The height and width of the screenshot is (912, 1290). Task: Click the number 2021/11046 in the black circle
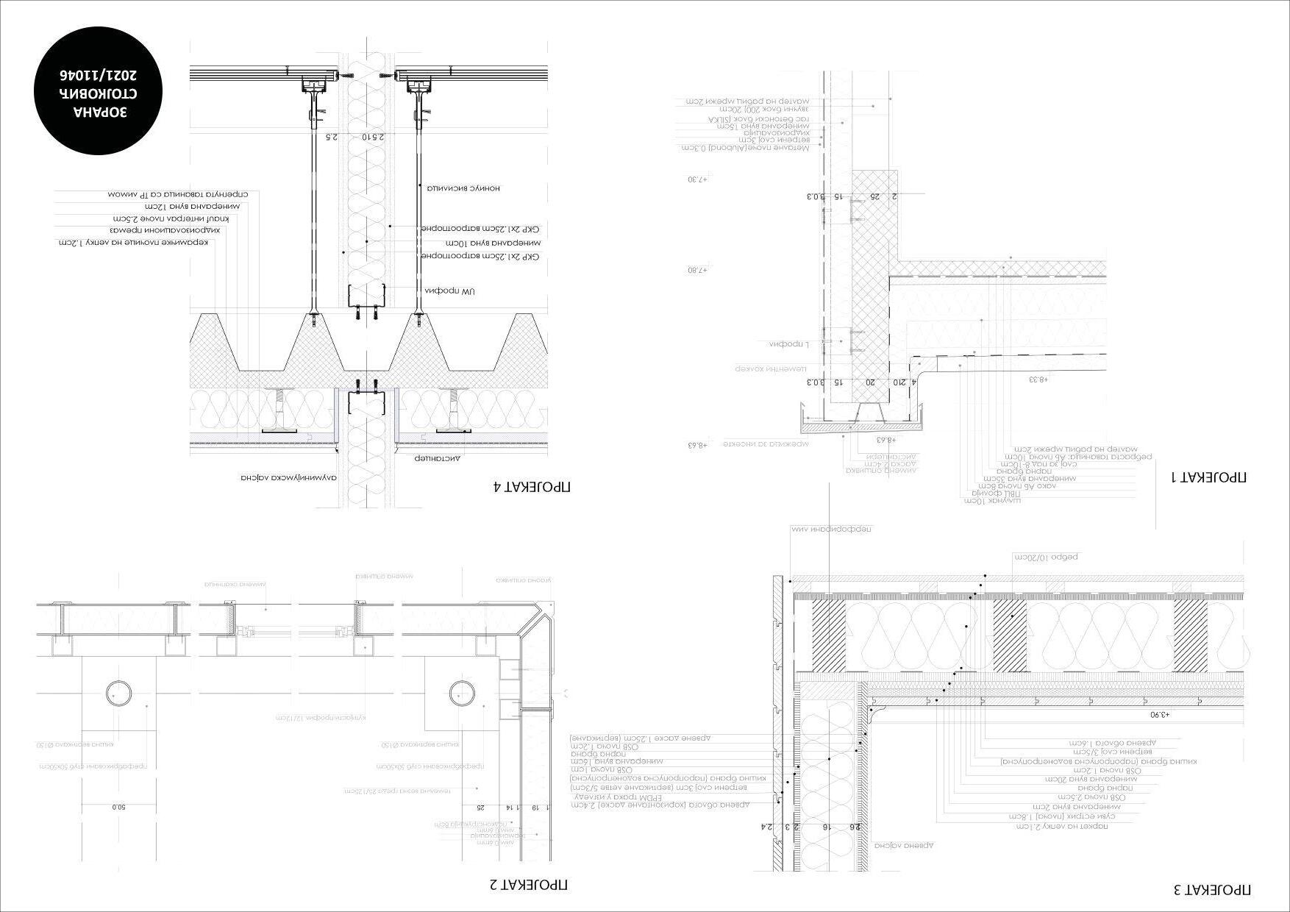coord(101,76)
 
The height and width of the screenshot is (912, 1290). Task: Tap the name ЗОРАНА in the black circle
coord(101,113)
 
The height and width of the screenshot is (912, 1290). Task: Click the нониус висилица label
coord(464,188)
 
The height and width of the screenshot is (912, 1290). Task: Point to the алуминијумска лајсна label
coord(288,477)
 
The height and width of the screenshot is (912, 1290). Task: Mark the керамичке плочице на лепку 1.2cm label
coord(137,242)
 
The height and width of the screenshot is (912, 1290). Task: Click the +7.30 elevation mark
coord(696,179)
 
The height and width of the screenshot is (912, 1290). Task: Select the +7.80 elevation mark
coord(696,270)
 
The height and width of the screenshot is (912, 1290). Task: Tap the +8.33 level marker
coord(1038,380)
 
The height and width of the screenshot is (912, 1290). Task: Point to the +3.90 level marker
coord(1159,714)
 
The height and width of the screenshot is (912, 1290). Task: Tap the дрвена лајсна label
coord(908,846)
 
